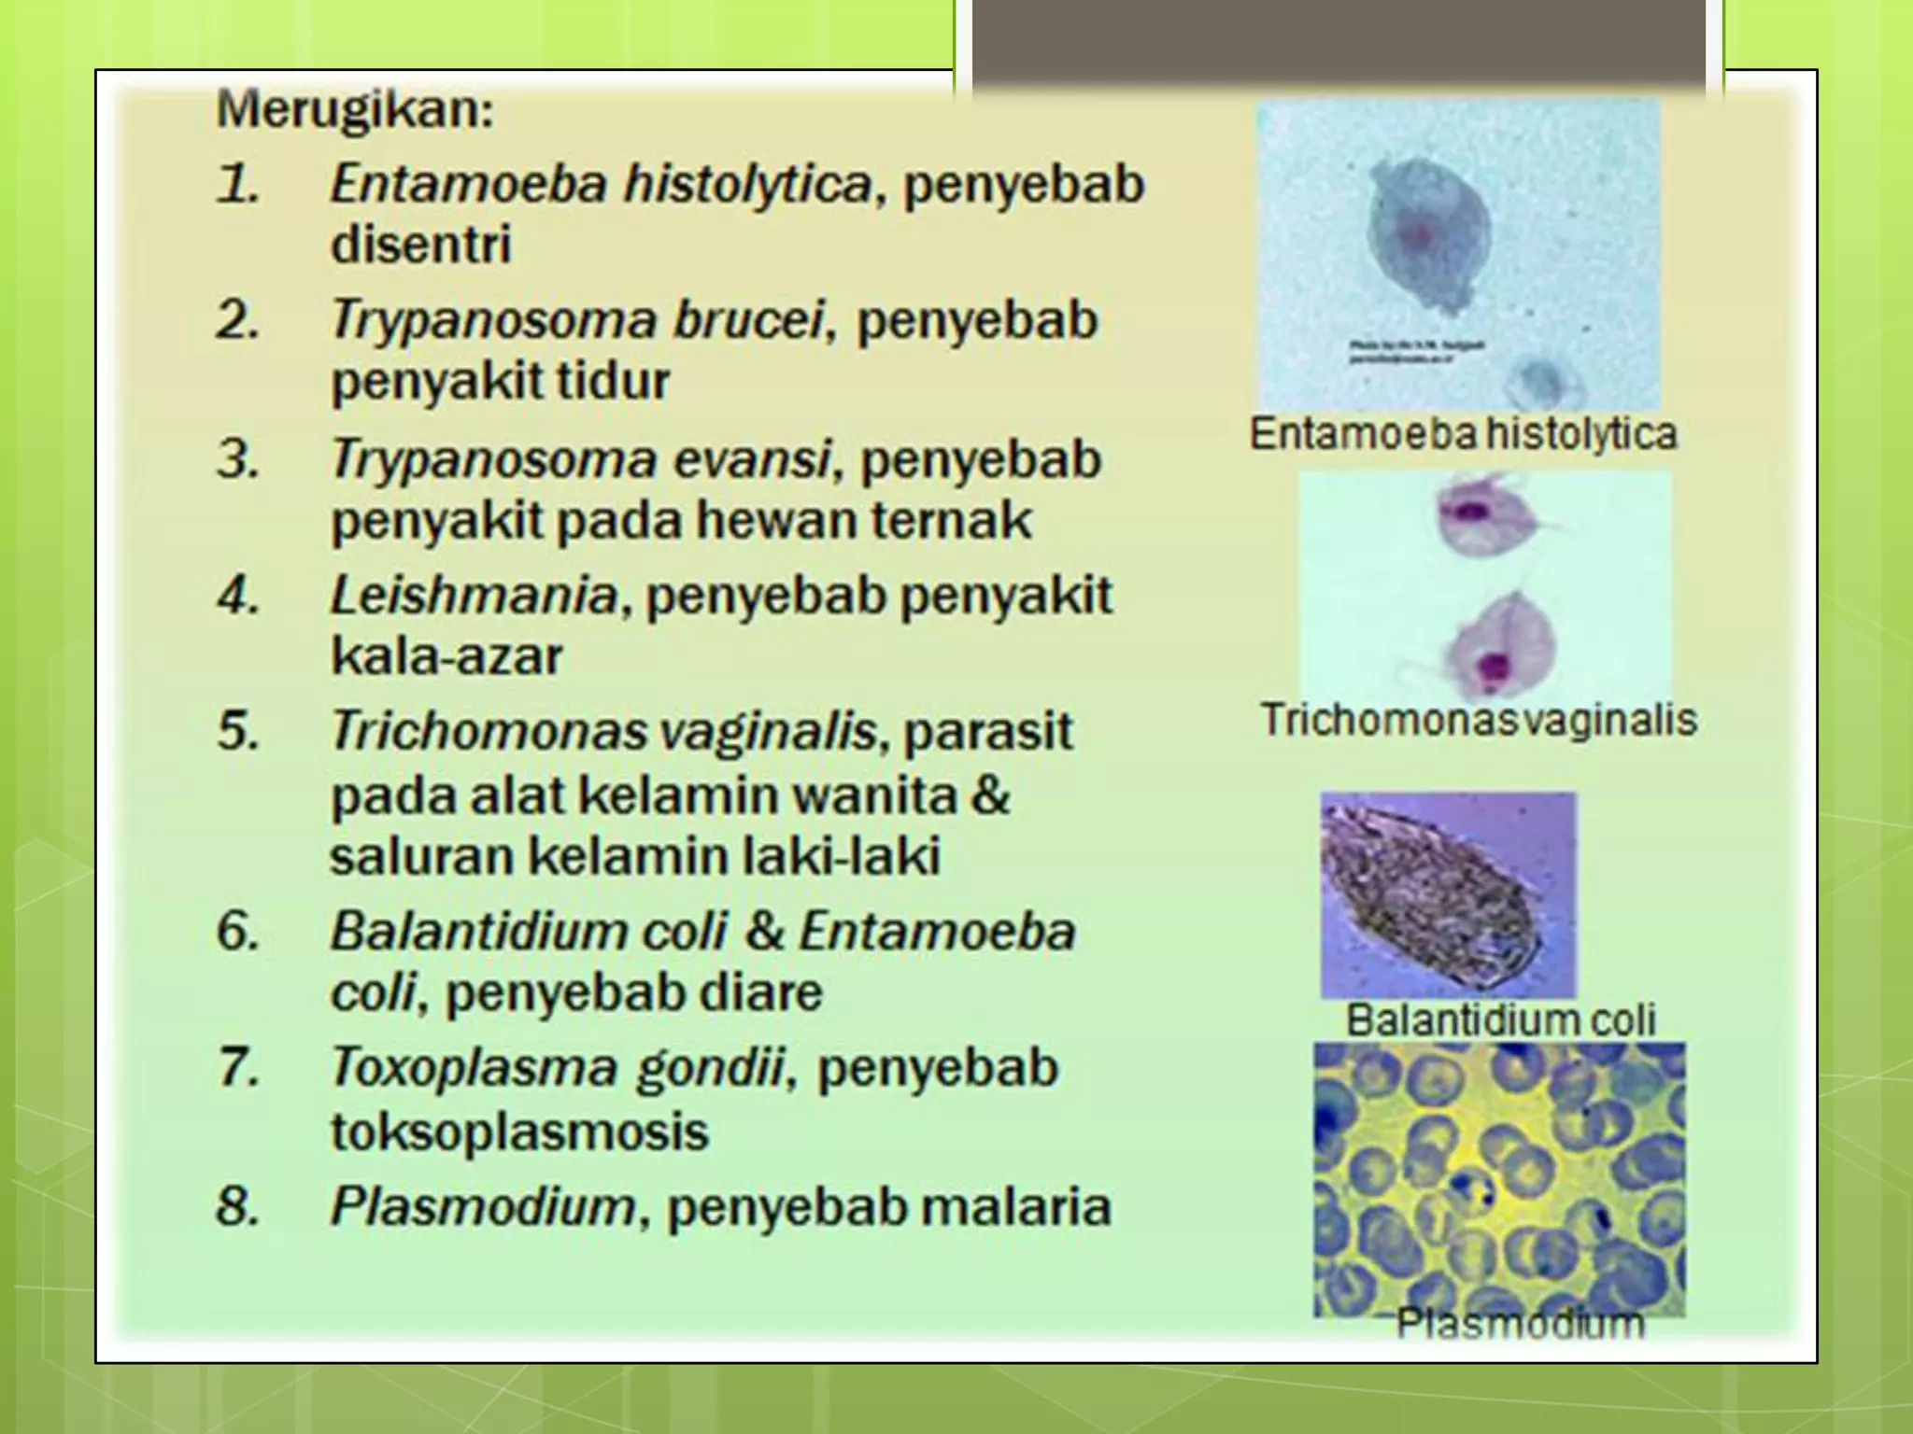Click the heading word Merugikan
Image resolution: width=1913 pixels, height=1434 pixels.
(355, 111)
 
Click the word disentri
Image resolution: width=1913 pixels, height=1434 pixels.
(421, 245)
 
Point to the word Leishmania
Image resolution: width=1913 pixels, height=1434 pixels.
(474, 596)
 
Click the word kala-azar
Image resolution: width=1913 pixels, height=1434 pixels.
(446, 656)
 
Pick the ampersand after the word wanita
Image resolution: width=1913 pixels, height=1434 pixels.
(991, 795)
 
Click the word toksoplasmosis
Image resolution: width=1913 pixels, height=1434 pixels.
(519, 1132)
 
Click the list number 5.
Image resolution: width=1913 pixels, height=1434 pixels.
(238, 731)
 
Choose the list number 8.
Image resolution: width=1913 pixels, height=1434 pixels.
(238, 1206)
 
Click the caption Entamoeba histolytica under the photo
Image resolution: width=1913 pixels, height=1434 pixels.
(1463, 434)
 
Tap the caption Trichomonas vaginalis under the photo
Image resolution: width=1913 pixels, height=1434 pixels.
(1478, 720)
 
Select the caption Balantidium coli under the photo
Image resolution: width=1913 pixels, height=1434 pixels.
(1500, 1019)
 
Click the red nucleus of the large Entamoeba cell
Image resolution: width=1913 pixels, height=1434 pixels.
(1418, 234)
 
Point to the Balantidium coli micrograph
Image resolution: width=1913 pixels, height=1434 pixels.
(1448, 895)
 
